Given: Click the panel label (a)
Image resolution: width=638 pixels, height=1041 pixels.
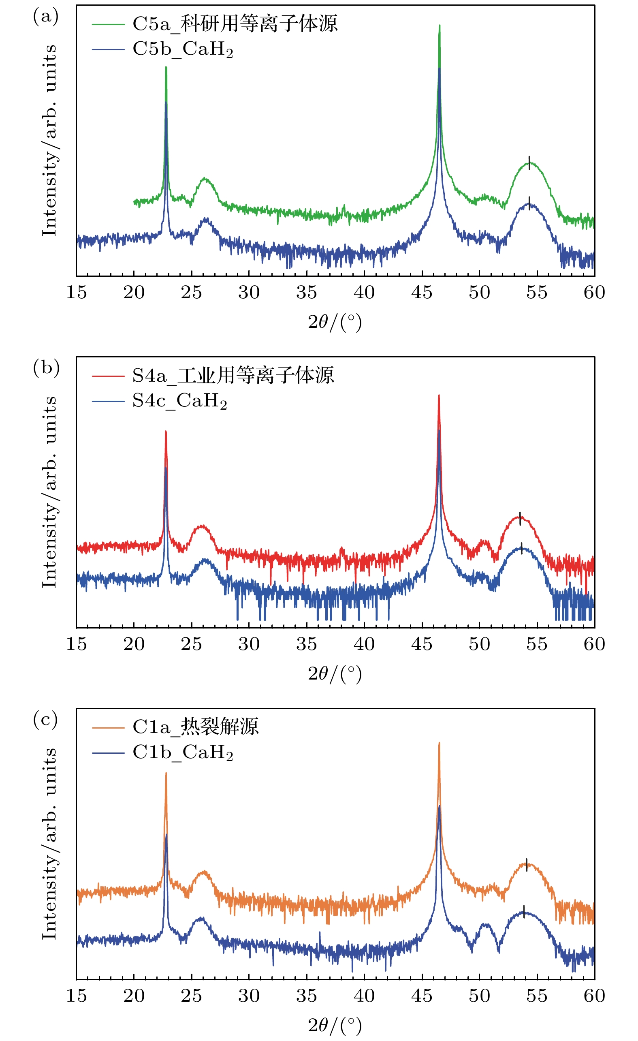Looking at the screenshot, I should [x=46, y=17].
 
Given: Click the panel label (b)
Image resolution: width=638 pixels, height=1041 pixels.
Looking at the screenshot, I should [x=46, y=368].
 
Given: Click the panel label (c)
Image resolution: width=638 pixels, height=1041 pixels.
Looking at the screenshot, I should [x=46, y=720].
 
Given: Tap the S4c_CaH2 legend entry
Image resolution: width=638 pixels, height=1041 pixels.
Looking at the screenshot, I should [x=179, y=401].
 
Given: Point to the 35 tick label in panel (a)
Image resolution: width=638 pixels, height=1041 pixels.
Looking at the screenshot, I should [x=307, y=292].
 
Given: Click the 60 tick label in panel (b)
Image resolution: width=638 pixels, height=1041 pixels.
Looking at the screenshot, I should [x=594, y=644].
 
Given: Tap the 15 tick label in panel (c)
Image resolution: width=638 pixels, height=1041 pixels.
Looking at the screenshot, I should [x=77, y=995].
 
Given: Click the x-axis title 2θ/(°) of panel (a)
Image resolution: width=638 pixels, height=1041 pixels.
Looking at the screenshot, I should [x=335, y=323].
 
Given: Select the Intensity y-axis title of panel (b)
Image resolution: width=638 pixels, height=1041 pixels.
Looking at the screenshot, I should [x=50, y=492].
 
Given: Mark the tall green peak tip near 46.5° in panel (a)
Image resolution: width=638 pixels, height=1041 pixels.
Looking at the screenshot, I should [x=440, y=26].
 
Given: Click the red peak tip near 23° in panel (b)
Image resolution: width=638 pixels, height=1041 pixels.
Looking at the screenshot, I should [x=166, y=432].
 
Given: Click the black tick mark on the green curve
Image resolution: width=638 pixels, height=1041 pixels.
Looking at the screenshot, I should [x=529, y=163].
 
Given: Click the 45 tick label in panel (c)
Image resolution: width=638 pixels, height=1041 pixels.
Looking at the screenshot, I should [x=422, y=995].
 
